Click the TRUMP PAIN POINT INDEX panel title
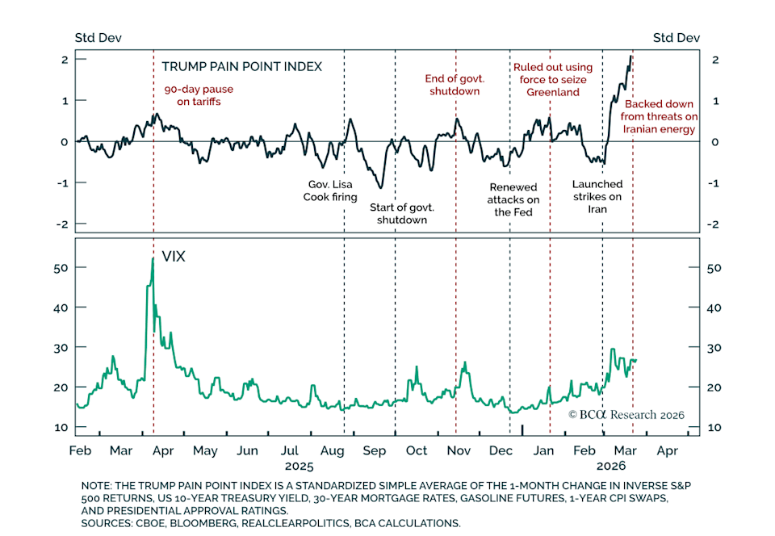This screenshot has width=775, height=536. pos(241,66)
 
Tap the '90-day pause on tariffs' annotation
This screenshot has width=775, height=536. pos(192,95)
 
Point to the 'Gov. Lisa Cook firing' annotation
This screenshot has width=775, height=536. pos(330,190)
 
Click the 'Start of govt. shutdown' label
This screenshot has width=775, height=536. pos(401,213)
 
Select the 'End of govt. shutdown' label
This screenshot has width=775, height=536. pos(453,85)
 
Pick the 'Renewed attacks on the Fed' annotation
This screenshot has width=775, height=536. pos(513,199)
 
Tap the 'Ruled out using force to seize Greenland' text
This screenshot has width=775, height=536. pos(553,79)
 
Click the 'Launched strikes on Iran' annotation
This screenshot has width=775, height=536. pos(597,196)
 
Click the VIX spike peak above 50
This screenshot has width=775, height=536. pos(153,259)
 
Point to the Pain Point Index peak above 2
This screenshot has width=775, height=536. pos(630,56)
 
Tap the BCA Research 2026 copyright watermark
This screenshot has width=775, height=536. pos(626,414)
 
